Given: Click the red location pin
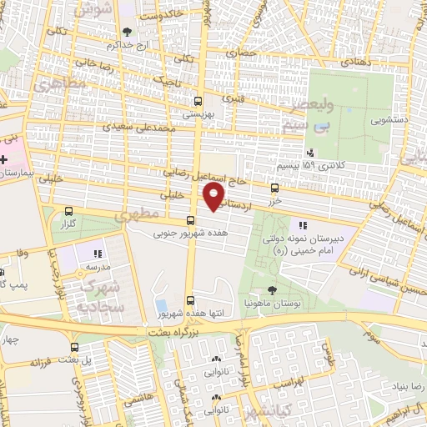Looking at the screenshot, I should click(214, 196).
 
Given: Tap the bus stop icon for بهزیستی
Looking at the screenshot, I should click(198, 97).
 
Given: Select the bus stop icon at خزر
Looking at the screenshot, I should click(275, 189).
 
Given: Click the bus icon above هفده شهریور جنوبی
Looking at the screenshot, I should click(192, 221).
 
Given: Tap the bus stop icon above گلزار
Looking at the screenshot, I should click(68, 212).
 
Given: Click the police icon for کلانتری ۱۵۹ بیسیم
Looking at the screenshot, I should click(310, 152).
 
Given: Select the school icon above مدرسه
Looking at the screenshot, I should click(98, 254).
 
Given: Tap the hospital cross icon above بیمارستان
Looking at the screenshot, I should click(4, 158).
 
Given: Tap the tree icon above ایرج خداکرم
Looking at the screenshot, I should click(127, 33).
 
